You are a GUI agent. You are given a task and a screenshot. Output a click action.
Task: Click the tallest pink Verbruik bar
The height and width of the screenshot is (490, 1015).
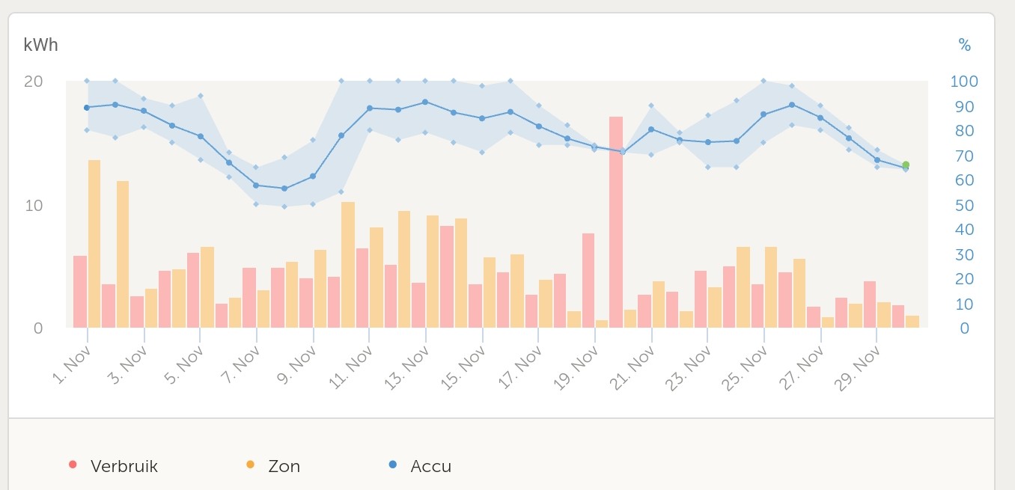click(x=616, y=221)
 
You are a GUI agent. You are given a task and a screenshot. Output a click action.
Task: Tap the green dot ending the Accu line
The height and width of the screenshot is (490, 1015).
click(x=906, y=165)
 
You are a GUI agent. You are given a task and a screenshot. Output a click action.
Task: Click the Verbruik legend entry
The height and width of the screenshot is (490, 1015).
click(x=124, y=466)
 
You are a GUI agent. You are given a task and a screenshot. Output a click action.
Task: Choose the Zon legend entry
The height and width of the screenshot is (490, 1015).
click(x=284, y=466)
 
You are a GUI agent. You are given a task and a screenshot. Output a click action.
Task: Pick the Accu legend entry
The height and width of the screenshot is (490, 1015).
click(x=430, y=466)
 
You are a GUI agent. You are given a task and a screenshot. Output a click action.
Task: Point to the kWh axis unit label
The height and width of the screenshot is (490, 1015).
click(x=40, y=45)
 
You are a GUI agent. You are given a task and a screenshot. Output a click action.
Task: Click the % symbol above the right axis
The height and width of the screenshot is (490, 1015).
click(x=965, y=46)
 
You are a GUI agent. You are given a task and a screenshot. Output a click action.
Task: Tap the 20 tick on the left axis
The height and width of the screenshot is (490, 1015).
click(x=33, y=81)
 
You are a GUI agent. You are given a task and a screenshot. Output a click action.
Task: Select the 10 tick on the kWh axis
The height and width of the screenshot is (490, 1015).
click(x=33, y=205)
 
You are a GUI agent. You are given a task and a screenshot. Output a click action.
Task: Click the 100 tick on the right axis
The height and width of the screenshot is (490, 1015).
click(x=963, y=81)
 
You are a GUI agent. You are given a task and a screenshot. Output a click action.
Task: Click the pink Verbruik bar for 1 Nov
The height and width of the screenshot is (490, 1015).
click(x=80, y=292)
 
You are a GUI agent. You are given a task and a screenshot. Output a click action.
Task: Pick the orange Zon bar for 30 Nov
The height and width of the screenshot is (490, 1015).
click(x=912, y=322)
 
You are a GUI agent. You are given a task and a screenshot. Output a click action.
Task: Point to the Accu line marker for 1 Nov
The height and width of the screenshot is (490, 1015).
click(x=87, y=108)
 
